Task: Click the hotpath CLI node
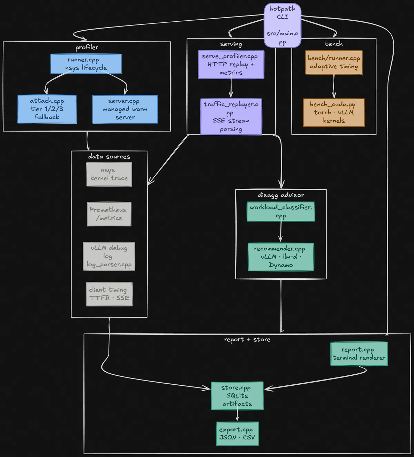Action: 282,25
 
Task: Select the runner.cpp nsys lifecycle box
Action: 86,64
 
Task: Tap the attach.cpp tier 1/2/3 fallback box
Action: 47,109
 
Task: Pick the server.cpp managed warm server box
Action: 125,109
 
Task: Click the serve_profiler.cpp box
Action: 231,64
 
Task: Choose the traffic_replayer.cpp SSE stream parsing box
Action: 231,116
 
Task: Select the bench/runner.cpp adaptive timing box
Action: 334,62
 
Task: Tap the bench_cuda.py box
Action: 334,112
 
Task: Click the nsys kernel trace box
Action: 109,174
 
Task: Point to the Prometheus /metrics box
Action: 109,214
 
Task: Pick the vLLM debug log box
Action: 109,256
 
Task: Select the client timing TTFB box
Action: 109,294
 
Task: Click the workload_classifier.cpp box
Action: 280,211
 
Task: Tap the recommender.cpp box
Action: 280,257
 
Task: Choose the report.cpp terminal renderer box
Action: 359,354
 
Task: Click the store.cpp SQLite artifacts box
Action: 237,396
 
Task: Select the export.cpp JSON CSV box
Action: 237,434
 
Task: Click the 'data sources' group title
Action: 109,156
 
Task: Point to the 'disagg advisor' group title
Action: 281,195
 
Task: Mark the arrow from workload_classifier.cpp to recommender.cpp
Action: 280,232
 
